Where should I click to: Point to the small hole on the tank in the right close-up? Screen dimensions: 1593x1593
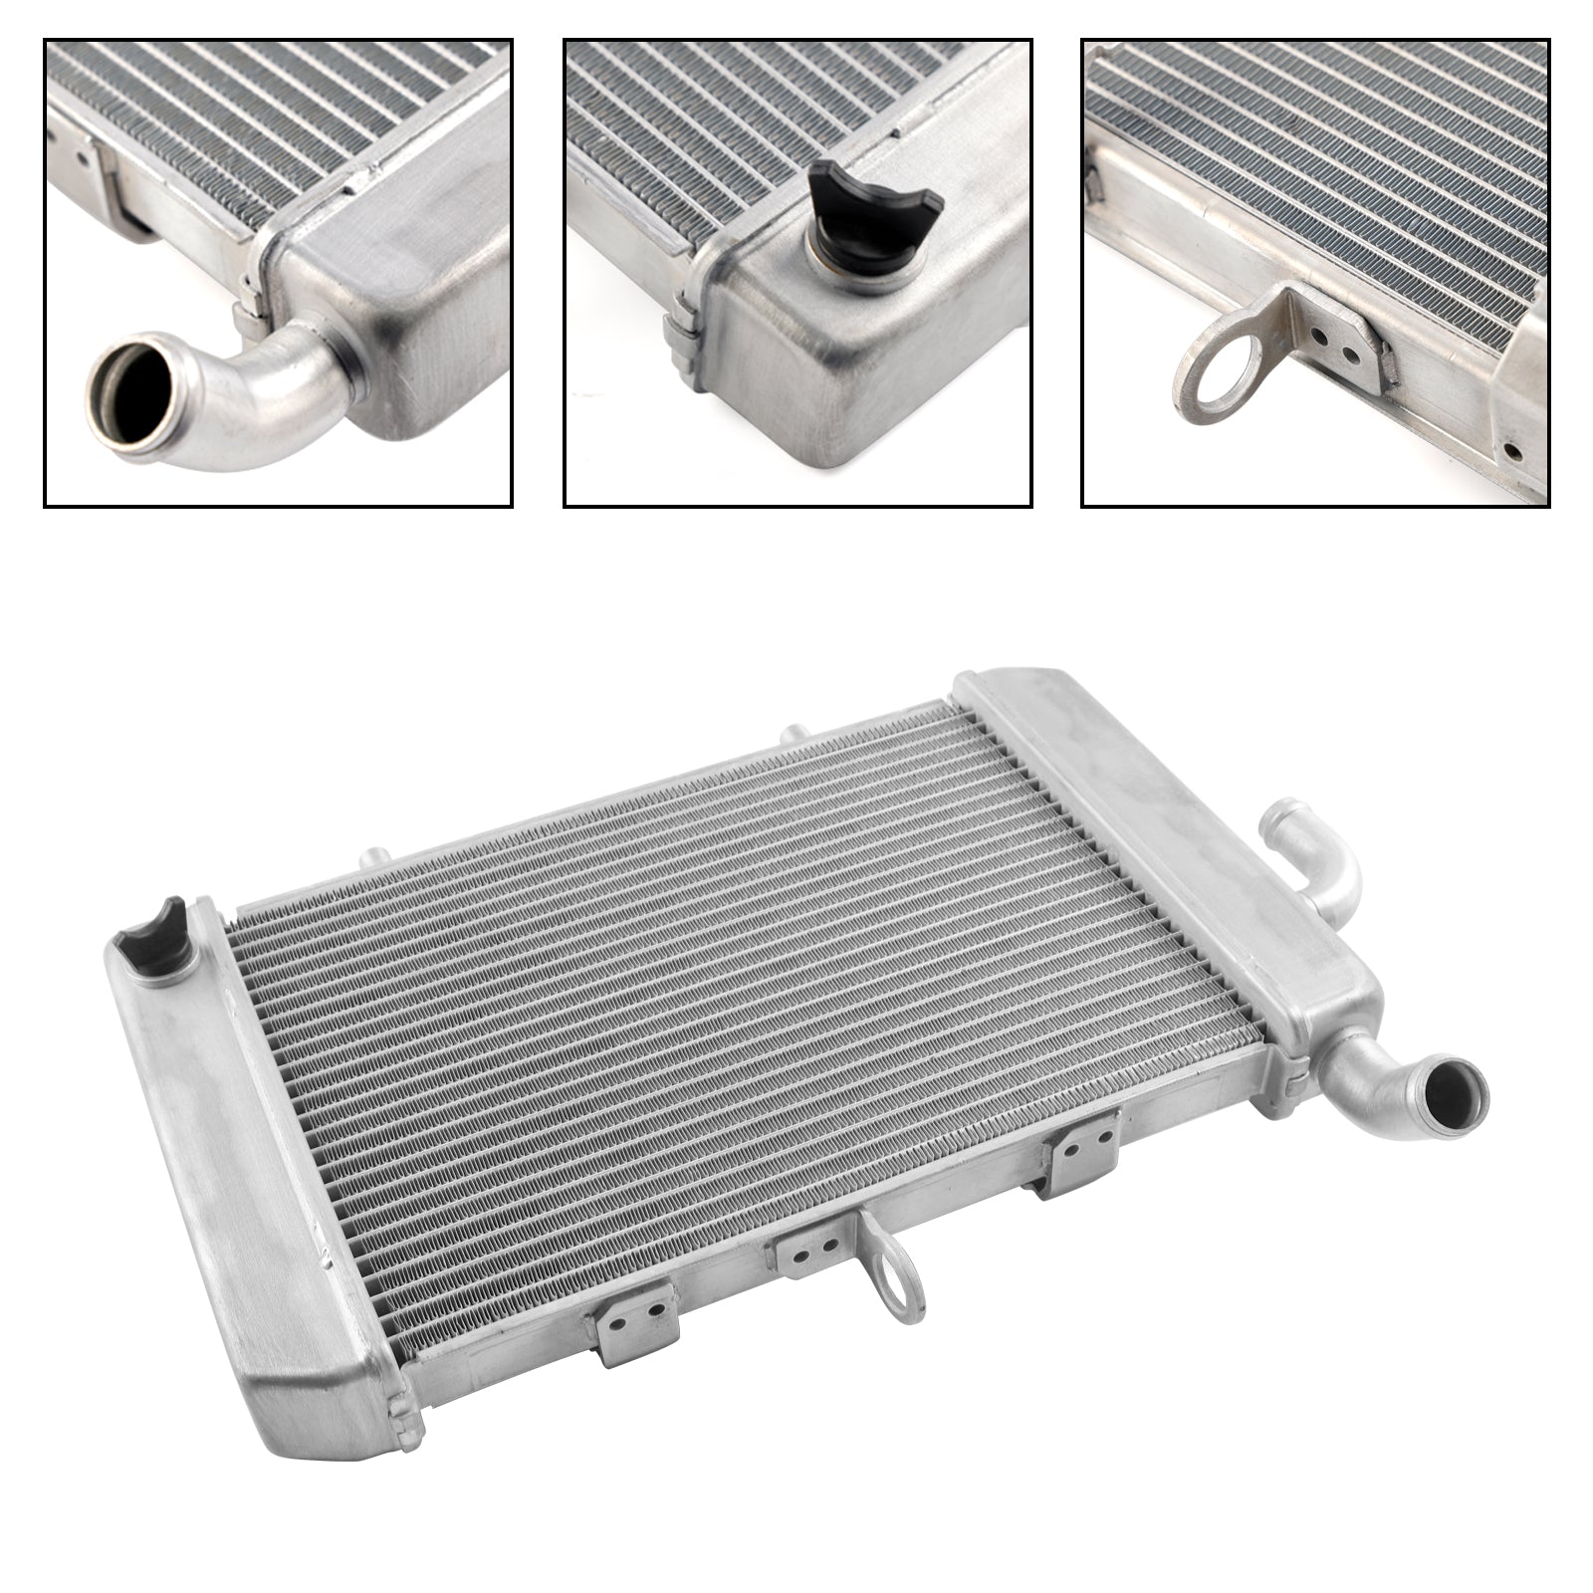coord(1512,449)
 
